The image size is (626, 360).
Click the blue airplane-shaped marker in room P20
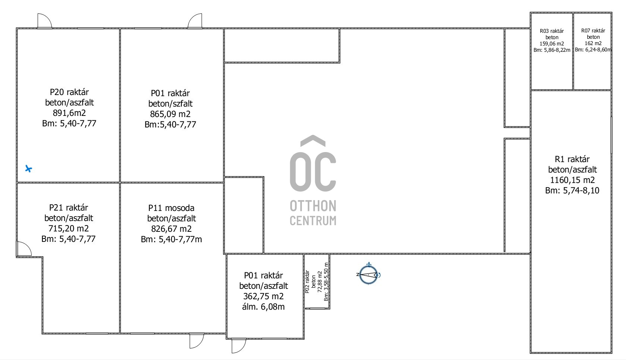click(x=28, y=168)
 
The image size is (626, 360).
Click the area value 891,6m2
click(x=69, y=113)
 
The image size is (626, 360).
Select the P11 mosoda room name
click(x=171, y=208)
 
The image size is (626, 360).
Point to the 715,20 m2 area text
click(x=69, y=229)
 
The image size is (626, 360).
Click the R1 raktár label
click(x=572, y=160)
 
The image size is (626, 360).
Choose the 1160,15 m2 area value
click(x=572, y=180)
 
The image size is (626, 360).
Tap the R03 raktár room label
click(x=551, y=31)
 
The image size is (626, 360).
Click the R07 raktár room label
click(x=593, y=31)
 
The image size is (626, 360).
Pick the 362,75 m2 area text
click(x=263, y=296)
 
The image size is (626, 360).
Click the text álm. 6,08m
click(x=263, y=307)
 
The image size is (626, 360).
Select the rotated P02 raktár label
click(x=307, y=281)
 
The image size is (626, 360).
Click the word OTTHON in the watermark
click(x=313, y=206)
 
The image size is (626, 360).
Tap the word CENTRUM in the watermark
click(x=313, y=221)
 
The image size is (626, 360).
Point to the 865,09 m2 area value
click(x=170, y=114)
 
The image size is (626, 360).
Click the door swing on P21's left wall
click(x=24, y=249)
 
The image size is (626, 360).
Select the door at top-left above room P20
click(x=45, y=21)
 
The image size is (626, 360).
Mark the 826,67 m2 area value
click(x=171, y=229)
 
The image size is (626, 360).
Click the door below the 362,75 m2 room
click(x=238, y=346)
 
